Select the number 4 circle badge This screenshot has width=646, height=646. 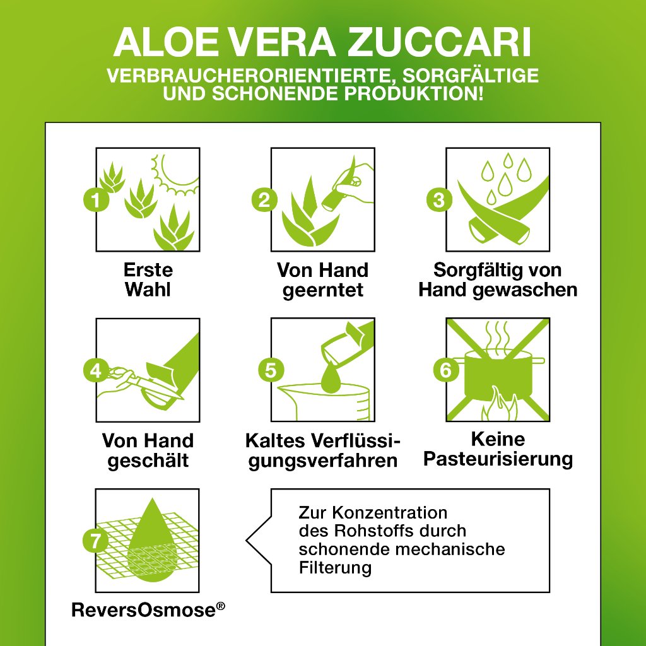click(x=95, y=370)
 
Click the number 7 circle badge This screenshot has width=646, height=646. click(x=95, y=541)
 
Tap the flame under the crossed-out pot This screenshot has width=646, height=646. click(x=499, y=407)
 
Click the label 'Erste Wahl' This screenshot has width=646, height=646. click(x=148, y=279)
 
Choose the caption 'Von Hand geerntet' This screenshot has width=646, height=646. click(x=322, y=279)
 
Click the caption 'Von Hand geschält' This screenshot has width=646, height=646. click(x=148, y=450)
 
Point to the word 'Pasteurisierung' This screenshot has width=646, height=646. click(x=498, y=459)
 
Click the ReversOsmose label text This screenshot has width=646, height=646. click(x=148, y=610)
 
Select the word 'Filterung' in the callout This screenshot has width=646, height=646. click(x=335, y=567)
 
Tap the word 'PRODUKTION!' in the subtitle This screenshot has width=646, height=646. click(x=404, y=95)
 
